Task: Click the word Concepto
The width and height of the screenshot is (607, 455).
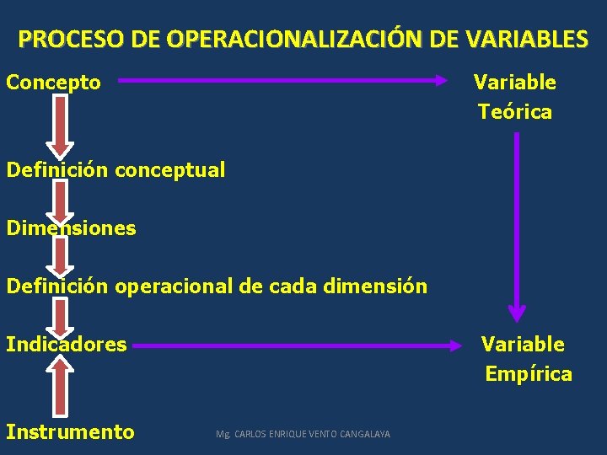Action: coord(54,83)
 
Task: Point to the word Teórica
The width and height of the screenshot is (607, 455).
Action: coord(515,112)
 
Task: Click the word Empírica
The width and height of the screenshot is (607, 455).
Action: coord(529,374)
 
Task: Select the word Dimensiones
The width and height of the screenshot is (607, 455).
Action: coord(71,228)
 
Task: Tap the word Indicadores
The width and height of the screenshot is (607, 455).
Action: coord(67,344)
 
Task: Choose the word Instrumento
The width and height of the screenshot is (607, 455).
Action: coord(70,432)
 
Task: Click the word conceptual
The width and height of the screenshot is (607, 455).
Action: coord(169,170)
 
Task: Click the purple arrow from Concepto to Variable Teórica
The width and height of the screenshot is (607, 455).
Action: coord(282,81)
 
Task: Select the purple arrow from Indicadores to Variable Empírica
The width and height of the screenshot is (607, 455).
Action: coord(299,344)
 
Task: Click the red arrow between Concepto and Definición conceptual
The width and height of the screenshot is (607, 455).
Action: coord(61,125)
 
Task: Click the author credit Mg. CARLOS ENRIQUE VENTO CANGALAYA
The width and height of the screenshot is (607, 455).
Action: coord(303,434)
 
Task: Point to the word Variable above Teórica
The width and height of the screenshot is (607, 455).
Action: coord(514,83)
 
